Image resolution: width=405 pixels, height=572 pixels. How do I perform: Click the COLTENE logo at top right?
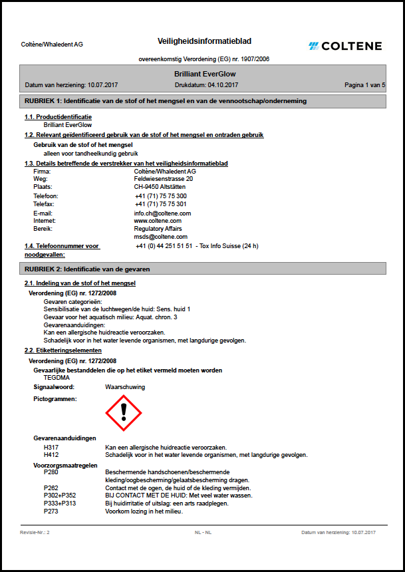tap(345, 46)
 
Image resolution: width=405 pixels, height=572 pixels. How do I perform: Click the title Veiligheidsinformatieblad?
tap(204, 41)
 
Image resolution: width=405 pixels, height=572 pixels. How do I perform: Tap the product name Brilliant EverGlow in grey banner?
tap(204, 74)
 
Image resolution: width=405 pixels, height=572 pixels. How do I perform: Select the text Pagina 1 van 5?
tap(364, 85)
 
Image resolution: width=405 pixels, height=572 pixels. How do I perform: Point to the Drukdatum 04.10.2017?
tap(206, 85)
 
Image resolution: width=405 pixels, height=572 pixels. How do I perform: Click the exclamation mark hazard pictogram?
tap(124, 413)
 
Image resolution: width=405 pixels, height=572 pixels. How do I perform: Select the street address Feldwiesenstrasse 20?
tap(164, 179)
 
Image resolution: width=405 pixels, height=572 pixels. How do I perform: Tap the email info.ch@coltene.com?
tap(162, 214)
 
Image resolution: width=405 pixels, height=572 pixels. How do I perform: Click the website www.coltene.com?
tap(158, 221)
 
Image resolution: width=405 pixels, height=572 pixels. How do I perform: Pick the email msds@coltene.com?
tap(160, 236)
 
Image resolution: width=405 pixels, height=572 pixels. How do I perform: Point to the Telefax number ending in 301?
tap(161, 204)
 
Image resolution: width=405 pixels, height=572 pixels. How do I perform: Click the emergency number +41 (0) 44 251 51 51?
tap(164, 246)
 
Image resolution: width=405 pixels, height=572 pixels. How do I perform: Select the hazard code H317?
tap(51, 448)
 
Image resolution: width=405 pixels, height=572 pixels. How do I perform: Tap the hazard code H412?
tap(51, 456)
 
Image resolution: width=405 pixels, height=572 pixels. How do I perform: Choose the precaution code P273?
tap(51, 511)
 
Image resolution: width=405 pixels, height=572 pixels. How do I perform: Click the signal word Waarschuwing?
tap(125, 386)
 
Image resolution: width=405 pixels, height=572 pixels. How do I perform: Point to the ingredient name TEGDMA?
tap(57, 377)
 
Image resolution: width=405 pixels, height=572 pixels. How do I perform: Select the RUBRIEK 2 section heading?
tap(87, 269)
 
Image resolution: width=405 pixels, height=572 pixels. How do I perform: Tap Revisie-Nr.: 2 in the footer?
tap(35, 533)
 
